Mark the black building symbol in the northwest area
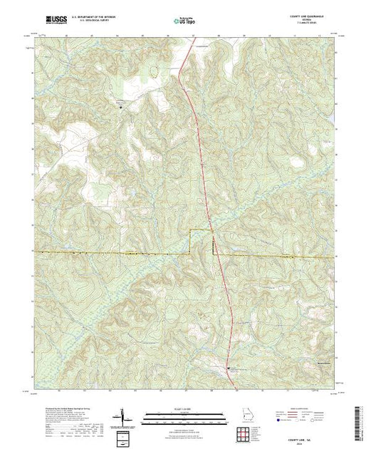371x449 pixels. (x=120, y=107)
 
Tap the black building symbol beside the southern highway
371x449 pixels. (x=228, y=368)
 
